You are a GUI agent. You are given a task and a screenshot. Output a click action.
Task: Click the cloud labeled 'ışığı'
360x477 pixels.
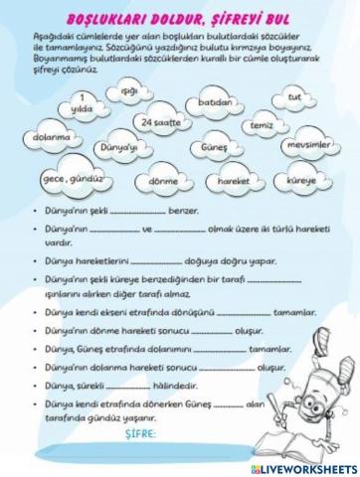coord(127,92)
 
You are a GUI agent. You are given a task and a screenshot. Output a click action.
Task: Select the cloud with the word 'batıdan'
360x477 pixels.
coord(216,101)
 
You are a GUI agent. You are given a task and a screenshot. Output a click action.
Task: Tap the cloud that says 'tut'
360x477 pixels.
coord(293,97)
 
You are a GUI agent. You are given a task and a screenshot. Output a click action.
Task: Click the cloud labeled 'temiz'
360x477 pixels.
coord(263,127)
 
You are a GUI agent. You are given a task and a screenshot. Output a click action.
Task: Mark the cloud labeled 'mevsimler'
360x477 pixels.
coord(307,145)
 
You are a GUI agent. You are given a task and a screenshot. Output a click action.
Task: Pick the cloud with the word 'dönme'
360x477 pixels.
coord(163,182)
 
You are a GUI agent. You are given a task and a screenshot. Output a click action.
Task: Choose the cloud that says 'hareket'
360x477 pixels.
coord(233,182)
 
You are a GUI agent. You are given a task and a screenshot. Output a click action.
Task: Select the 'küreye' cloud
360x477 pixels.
coord(302,181)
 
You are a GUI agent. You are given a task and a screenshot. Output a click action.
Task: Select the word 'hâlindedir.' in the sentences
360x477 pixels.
coord(167,385)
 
